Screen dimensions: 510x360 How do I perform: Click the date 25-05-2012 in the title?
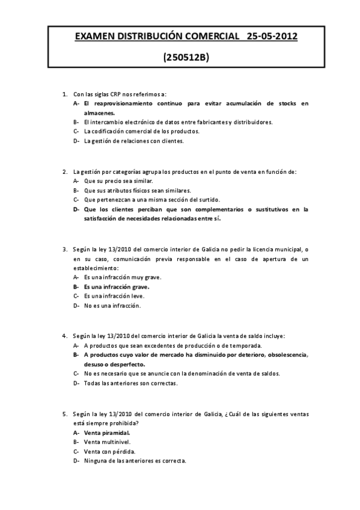point(272,37)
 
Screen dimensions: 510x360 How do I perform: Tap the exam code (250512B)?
point(186,58)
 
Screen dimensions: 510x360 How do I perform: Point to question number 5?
point(65,414)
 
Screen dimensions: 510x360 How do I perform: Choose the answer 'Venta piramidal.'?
point(107,432)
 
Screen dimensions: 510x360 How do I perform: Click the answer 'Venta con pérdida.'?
point(109,451)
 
